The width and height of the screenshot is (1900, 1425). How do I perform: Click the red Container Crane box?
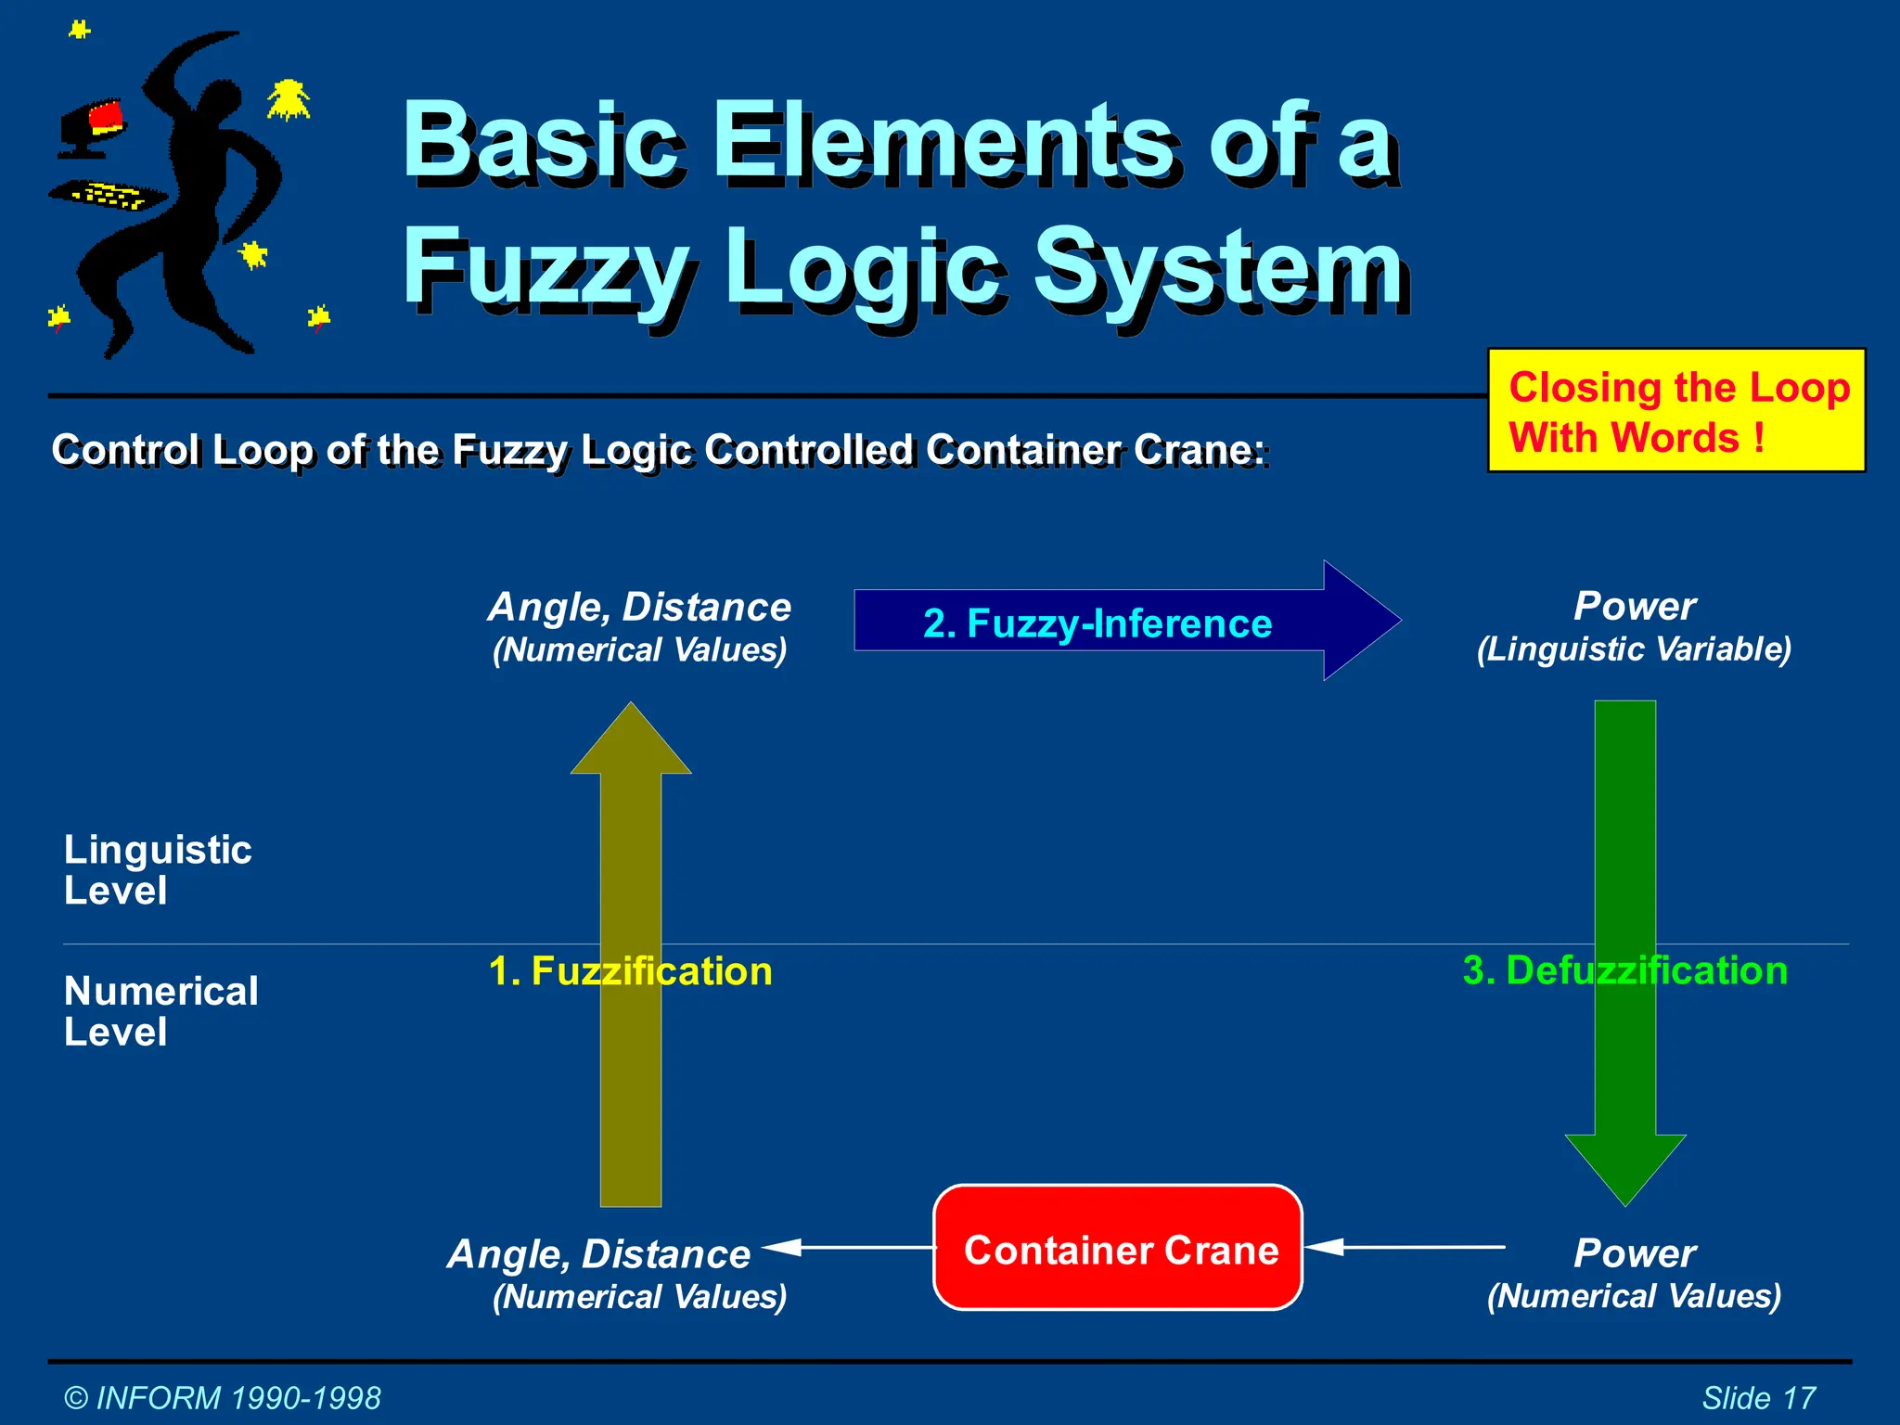[x=1117, y=1248]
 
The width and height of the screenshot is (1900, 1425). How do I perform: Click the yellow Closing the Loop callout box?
[x=1675, y=411]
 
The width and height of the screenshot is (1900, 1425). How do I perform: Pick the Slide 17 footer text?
[x=1758, y=1397]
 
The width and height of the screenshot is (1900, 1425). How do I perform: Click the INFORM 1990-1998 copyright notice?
[x=223, y=1397]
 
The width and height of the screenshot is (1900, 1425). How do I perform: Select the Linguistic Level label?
[x=158, y=869]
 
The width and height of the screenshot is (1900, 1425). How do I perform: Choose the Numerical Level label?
[x=160, y=1011]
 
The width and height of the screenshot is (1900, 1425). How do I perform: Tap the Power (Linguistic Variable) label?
[x=1634, y=627]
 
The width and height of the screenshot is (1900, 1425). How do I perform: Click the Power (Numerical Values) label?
[x=1634, y=1274]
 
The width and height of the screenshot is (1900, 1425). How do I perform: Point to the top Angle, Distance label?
[x=639, y=627]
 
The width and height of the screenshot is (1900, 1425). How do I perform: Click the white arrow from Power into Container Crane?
[x=1405, y=1247]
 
